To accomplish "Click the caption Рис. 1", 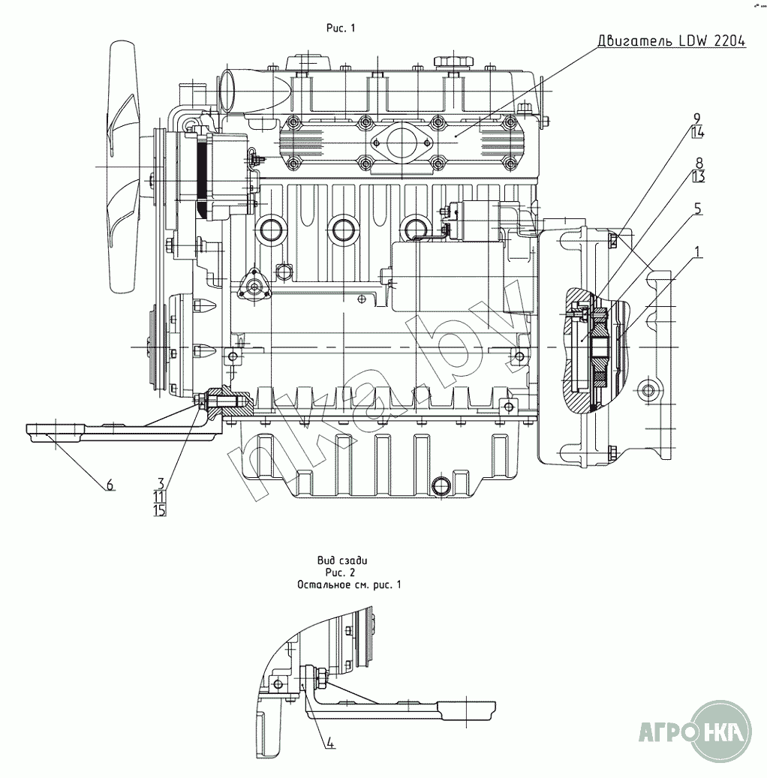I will [x=340, y=28].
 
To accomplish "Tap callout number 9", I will [x=697, y=119].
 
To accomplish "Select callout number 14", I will [x=697, y=133].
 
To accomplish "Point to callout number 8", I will [x=699, y=163].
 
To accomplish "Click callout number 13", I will [x=699, y=177].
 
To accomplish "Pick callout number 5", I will [x=698, y=209].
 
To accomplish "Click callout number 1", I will [x=698, y=254].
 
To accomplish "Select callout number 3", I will [x=160, y=482].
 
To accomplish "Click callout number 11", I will [x=159, y=496].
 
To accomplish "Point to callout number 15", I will [x=159, y=510].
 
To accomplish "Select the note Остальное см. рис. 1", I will [x=349, y=584].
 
